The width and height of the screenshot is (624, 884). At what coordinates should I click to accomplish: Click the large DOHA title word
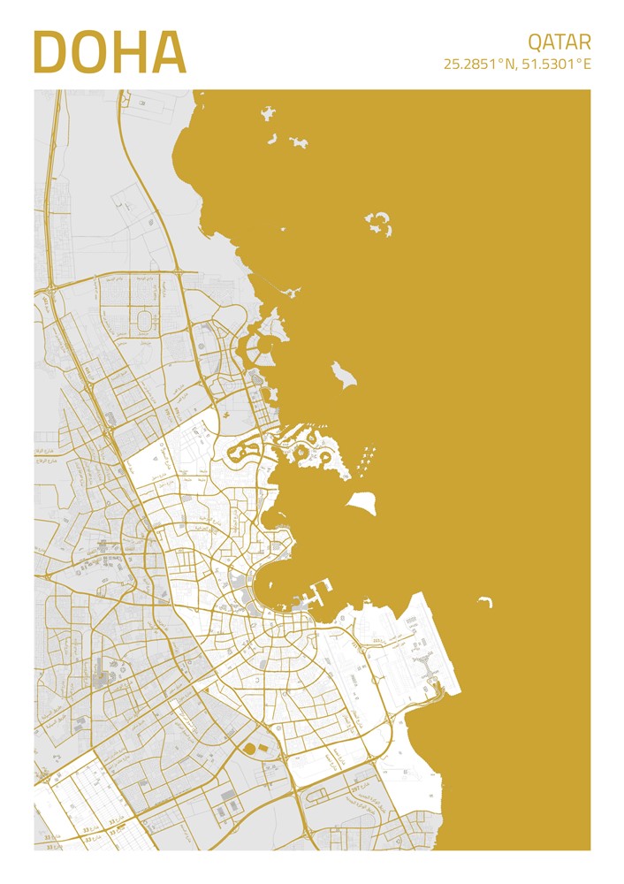(x=110, y=53)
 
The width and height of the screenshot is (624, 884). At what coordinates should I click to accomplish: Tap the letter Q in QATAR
(x=536, y=42)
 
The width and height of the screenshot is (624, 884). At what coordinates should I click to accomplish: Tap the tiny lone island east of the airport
(x=484, y=602)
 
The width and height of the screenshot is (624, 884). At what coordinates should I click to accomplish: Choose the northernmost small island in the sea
(x=268, y=112)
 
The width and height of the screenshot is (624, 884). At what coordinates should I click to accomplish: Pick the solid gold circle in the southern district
(x=250, y=749)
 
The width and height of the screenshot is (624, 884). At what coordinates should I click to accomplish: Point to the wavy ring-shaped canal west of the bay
(x=244, y=453)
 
